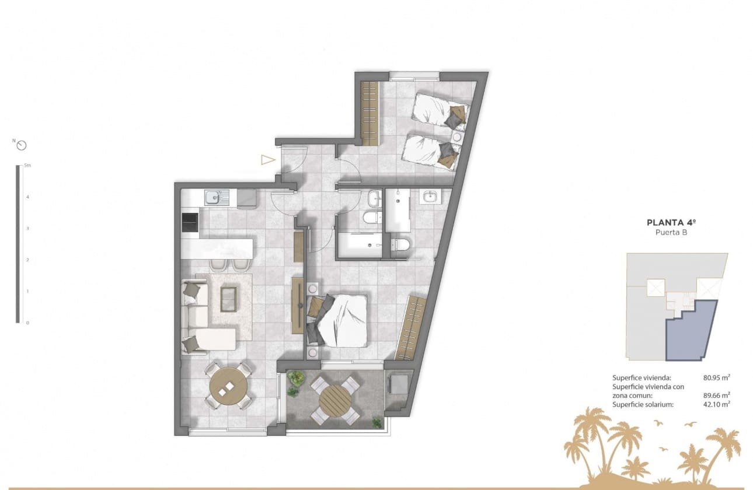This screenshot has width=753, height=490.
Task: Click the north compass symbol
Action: pos(22,145)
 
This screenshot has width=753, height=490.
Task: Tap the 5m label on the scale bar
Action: pos(27,166)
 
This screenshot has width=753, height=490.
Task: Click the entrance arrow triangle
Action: pos(267,160)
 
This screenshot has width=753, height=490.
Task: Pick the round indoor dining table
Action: pos(229,386)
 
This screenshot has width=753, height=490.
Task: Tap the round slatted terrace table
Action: pos(335,399)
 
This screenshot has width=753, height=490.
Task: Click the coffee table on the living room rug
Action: pos(228,298)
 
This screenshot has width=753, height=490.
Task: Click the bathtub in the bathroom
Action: pos(359,245)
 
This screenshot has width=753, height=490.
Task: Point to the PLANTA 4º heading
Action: pos(672,222)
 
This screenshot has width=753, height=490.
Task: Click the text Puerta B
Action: pos(672,232)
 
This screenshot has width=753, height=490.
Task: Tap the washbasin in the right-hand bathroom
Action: pos(431,197)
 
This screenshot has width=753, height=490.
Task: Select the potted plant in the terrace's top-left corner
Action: pos(295,379)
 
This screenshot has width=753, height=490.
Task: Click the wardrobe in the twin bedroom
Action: pos(370,113)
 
